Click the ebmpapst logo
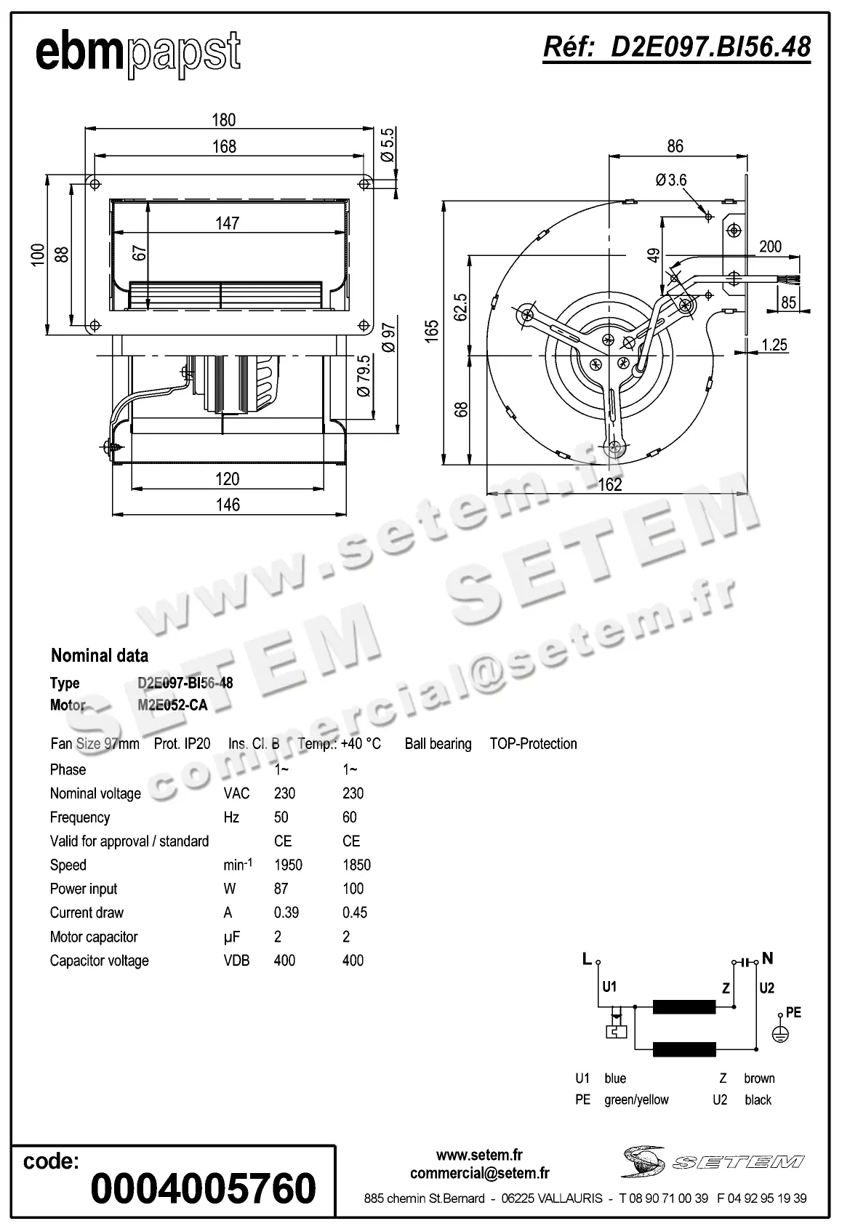pyautogui.click(x=137, y=52)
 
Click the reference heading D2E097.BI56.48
pyautogui.click(x=677, y=47)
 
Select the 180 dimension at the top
pyautogui.click(x=224, y=119)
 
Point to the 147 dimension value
pyautogui.click(x=227, y=223)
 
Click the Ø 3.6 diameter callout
pyautogui.click(x=670, y=180)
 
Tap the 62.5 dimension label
pyautogui.click(x=461, y=307)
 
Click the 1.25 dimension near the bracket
pyautogui.click(x=774, y=345)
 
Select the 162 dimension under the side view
pyautogui.click(x=609, y=484)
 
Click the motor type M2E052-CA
pyautogui.click(x=172, y=705)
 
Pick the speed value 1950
pyautogui.click(x=288, y=865)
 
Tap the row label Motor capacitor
pyautogui.click(x=94, y=937)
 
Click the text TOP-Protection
pyautogui.click(x=533, y=744)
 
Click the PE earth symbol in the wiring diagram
pyautogui.click(x=779, y=1033)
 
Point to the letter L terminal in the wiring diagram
pyautogui.click(x=587, y=959)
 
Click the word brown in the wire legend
pyautogui.click(x=759, y=1078)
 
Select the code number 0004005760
pyautogui.click(x=204, y=1188)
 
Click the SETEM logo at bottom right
pyautogui.click(x=713, y=1161)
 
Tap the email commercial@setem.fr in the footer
pyautogui.click(x=479, y=1173)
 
